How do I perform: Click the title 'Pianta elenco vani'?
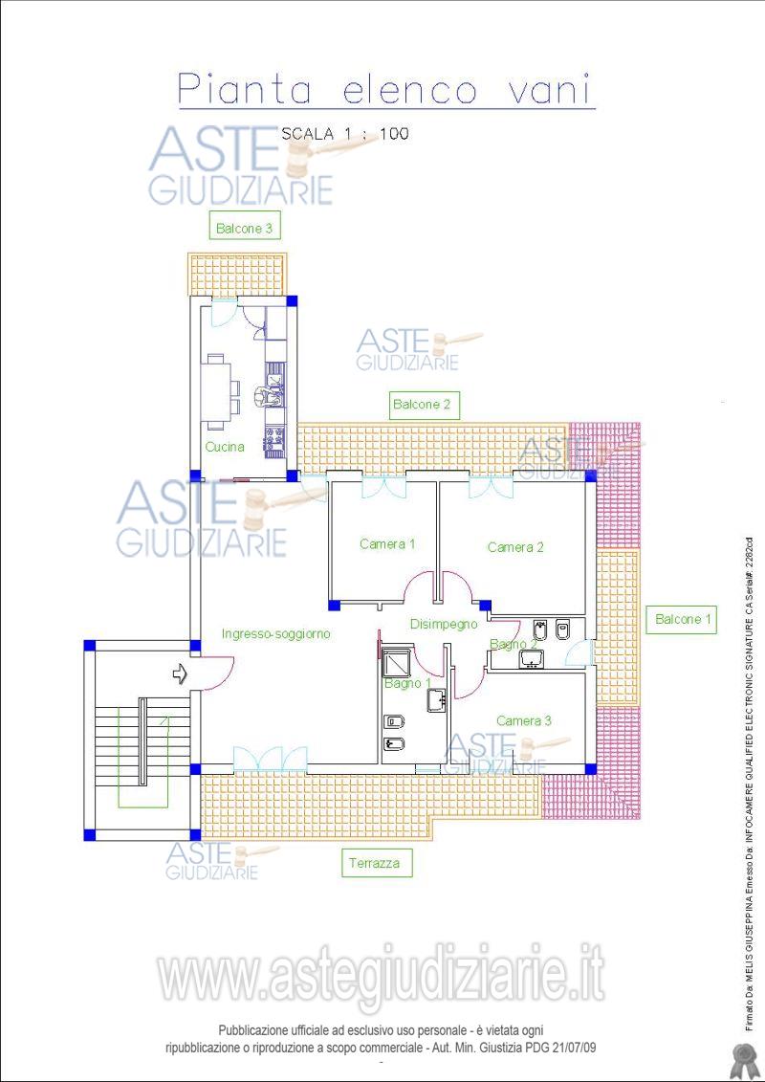point(386,90)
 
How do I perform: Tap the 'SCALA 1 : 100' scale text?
point(345,134)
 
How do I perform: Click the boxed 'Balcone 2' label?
point(422,405)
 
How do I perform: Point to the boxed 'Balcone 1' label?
point(682,619)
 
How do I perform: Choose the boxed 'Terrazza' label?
point(375,863)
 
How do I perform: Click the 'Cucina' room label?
point(225,447)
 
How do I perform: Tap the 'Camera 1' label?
point(387,543)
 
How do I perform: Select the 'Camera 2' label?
point(515,547)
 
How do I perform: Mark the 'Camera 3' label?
point(524,720)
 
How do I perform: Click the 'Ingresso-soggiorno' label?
point(276,633)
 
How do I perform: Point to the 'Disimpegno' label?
point(444,625)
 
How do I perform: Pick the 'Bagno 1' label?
point(407,683)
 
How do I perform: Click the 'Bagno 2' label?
point(514,644)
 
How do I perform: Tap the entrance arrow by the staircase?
point(180,673)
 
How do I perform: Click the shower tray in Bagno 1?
point(398,662)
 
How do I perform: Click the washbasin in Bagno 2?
point(531,659)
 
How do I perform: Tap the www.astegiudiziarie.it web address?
point(382,974)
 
